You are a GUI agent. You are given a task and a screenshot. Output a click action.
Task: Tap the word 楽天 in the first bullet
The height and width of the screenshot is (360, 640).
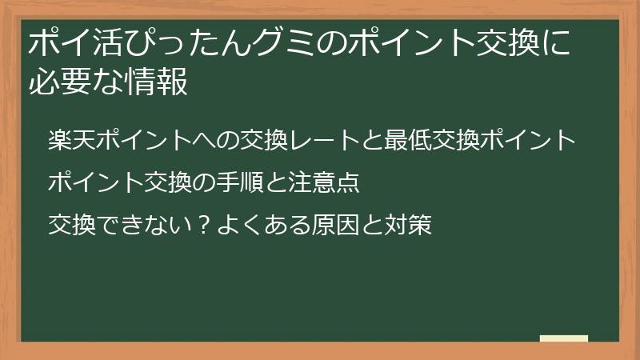point(72,140)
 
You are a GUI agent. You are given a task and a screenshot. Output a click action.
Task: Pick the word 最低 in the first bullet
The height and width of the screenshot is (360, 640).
point(407,140)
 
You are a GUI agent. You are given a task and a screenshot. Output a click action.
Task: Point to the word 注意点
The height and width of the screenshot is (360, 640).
point(324,182)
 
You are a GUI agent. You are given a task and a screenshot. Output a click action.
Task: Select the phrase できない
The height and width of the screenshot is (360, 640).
point(144,225)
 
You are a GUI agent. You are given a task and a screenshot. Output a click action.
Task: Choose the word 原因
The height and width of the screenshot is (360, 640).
point(335,225)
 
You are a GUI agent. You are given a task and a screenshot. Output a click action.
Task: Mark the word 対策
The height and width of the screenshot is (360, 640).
point(408,225)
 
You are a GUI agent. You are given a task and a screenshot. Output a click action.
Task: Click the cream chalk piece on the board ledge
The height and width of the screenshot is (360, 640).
point(564,338)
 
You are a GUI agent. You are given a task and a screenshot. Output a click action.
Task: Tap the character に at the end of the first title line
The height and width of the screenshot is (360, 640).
point(557,43)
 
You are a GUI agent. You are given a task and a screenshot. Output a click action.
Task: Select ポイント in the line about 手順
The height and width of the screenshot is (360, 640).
point(95,182)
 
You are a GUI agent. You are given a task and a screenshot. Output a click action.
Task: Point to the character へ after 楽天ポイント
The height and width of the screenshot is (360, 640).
point(204,141)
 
